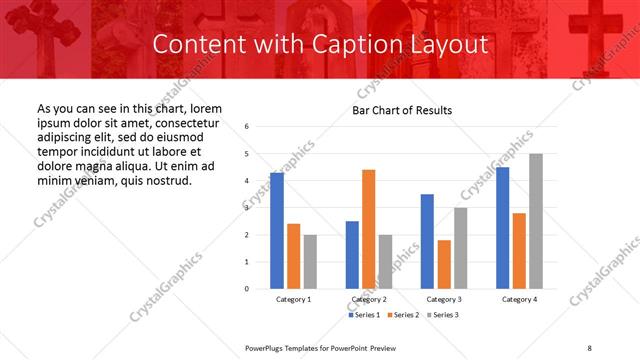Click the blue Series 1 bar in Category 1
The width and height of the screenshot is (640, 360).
click(x=277, y=231)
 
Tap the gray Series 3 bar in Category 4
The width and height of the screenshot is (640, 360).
click(x=537, y=221)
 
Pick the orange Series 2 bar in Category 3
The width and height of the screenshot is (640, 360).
click(x=444, y=264)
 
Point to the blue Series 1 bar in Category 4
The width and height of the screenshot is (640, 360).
click(x=503, y=228)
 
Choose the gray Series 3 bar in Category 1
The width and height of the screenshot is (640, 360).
click(x=310, y=262)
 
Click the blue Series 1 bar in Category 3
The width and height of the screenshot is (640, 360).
click(x=427, y=241)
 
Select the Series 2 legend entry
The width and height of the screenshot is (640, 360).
click(x=405, y=315)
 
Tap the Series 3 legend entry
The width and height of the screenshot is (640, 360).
click(x=444, y=315)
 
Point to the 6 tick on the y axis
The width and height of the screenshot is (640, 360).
click(x=247, y=127)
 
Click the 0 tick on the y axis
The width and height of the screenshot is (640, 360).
click(x=247, y=289)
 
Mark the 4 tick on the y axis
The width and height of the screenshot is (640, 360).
click(x=247, y=181)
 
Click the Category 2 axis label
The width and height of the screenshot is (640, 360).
click(x=369, y=299)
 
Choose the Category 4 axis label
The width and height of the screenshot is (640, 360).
click(x=519, y=299)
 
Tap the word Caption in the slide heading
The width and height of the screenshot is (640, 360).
click(x=351, y=44)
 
